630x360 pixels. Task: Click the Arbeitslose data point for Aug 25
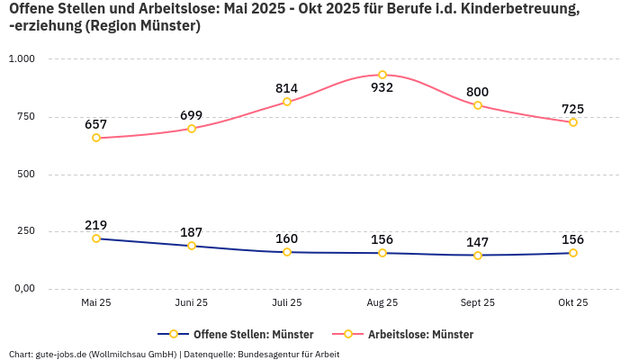tap(382, 75)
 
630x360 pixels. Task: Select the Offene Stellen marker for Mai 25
tap(96, 238)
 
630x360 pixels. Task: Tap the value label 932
tap(382, 88)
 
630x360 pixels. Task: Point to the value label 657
tap(96, 124)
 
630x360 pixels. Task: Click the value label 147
tap(478, 242)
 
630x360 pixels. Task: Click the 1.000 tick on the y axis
tap(22, 58)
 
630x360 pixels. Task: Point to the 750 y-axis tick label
tap(25, 116)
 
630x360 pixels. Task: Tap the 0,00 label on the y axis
tap(22, 288)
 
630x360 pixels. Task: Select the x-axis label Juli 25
tap(287, 303)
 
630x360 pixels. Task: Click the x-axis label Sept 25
tap(478, 303)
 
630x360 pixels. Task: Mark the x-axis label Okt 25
tap(573, 303)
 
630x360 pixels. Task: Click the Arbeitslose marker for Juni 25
tap(192, 129)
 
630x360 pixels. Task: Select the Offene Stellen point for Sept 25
tap(478, 256)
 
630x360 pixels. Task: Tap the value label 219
tap(96, 225)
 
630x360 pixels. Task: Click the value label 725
tap(573, 109)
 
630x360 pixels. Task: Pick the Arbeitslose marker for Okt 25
tap(573, 122)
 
